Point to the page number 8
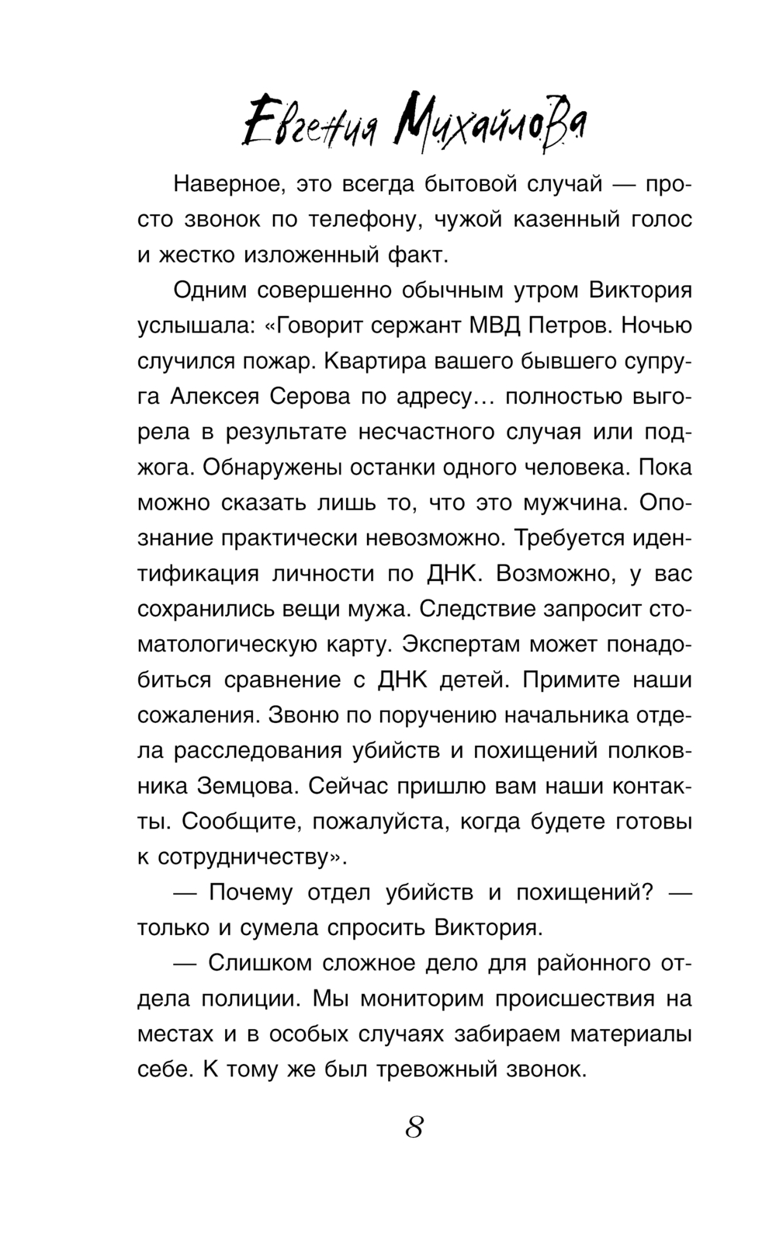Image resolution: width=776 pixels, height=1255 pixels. (414, 1125)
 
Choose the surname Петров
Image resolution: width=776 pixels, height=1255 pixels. (571, 325)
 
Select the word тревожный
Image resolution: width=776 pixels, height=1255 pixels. (441, 1070)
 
